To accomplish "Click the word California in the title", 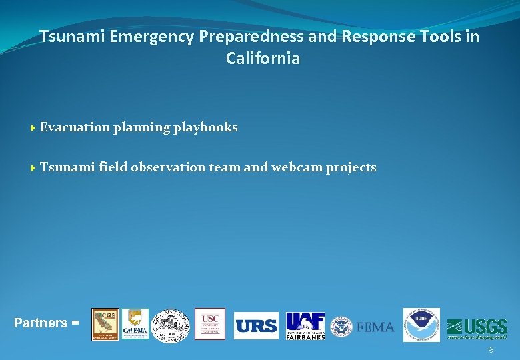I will click(x=263, y=59).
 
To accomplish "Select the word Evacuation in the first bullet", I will click(x=75, y=127).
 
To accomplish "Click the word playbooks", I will click(x=205, y=127).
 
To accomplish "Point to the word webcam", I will click(x=297, y=167).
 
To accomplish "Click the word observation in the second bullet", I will click(x=168, y=167).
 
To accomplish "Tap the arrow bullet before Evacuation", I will click(x=33, y=128).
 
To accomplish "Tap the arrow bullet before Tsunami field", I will click(x=33, y=168).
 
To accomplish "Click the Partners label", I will click(x=41, y=323).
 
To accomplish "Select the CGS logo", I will click(x=105, y=325).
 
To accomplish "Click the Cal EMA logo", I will click(x=135, y=325).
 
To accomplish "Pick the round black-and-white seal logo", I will click(x=171, y=325).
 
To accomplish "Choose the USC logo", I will click(x=209, y=324).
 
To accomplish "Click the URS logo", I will click(x=256, y=326).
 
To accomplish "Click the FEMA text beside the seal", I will click(x=375, y=327).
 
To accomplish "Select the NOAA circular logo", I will click(x=421, y=325).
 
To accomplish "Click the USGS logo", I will click(x=477, y=327).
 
